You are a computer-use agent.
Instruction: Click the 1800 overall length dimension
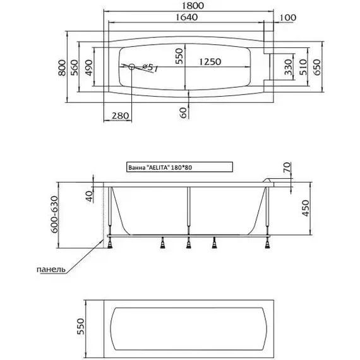[193, 6]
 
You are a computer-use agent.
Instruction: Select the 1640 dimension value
[186, 17]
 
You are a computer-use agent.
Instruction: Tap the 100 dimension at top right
[288, 18]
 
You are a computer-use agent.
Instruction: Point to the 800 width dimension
[62, 68]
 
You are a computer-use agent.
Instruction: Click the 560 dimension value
[75, 68]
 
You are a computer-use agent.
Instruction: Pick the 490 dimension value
[89, 68]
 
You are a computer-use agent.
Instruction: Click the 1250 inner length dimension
[210, 62]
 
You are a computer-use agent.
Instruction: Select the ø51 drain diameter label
[150, 68]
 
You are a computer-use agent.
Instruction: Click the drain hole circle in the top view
[131, 67]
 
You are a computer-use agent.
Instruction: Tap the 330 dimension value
[288, 68]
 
